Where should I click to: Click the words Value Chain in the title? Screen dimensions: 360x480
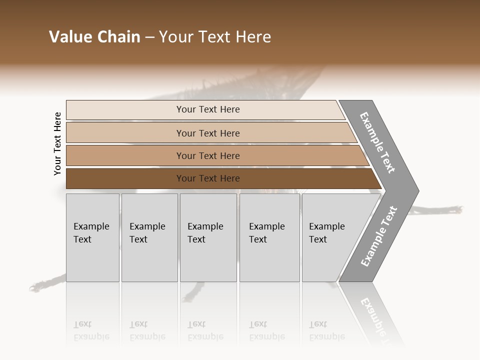94,37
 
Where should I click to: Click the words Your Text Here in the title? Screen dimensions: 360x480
215,37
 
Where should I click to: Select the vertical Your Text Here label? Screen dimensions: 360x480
57,143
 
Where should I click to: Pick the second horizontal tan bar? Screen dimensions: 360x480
207,133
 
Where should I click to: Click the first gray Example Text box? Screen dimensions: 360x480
92,237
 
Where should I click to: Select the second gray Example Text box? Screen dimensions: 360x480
149,237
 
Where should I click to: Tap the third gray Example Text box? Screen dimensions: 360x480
208,237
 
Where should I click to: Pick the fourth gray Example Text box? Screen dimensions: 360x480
269,237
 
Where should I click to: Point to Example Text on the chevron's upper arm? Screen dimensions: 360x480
377,142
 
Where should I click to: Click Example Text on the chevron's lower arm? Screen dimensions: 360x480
378,236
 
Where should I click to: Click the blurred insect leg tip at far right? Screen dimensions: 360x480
456,209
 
